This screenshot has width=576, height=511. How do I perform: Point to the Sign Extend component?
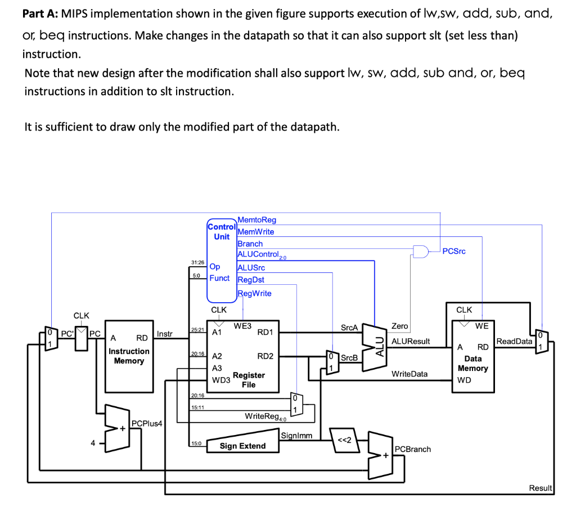click(x=242, y=446)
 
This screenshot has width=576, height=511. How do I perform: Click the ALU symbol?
click(x=378, y=346)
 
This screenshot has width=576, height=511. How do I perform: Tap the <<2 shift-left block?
click(x=343, y=440)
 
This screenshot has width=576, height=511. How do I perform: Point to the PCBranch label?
click(x=413, y=449)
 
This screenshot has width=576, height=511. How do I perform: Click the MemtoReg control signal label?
click(x=257, y=219)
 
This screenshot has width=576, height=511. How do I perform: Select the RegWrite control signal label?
click(x=254, y=293)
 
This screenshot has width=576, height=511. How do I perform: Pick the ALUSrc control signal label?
click(x=251, y=267)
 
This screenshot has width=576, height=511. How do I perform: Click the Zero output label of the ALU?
click(x=399, y=326)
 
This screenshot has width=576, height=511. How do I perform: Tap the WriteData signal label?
click(x=409, y=374)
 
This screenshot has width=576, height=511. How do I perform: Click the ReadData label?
click(x=514, y=341)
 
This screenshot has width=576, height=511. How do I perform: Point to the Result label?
click(x=541, y=488)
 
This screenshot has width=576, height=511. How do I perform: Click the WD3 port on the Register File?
click(x=220, y=380)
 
